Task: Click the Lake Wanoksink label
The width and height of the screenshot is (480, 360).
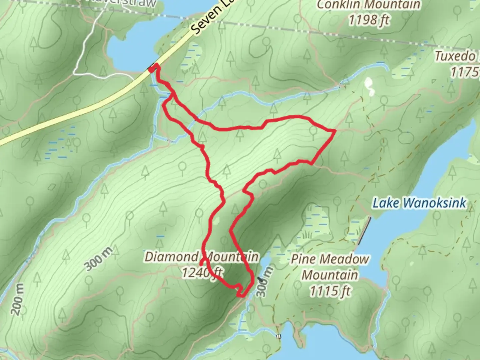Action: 419,203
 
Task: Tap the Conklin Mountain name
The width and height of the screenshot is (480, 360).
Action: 368,5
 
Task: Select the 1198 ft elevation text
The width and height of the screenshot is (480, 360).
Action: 369,21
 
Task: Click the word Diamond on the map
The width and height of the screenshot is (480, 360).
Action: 171,257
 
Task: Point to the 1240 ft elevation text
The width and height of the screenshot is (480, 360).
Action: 202,272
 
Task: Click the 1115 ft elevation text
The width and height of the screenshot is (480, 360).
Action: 330,291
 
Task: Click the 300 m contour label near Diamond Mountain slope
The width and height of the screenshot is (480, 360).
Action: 98,259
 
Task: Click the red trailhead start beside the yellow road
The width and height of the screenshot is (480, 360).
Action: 153,69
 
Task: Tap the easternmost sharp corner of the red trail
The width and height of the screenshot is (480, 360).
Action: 334,131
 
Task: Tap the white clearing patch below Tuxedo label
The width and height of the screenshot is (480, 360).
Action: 369,86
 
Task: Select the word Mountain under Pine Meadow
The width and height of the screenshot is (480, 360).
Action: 330,275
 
